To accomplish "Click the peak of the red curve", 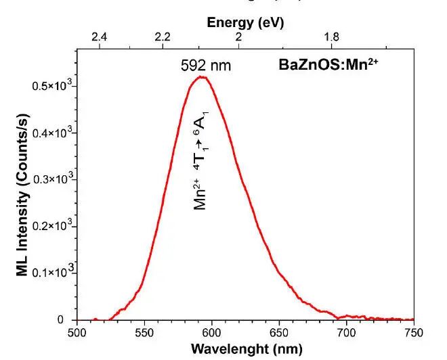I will (x=201, y=77).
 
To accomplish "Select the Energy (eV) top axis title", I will (x=245, y=22).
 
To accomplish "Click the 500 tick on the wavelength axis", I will (x=77, y=332).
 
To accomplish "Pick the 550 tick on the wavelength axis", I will (x=144, y=332).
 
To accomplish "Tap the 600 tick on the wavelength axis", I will (x=211, y=332).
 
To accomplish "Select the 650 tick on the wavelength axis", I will (x=279, y=332).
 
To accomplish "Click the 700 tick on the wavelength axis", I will (x=346, y=332).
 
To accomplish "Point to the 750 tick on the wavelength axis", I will (x=413, y=332).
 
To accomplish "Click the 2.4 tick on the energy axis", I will (x=100, y=37).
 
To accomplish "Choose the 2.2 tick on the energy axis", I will (x=163, y=37).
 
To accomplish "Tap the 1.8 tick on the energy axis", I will (x=332, y=37).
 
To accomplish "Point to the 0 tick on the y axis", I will (x=62, y=319).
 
